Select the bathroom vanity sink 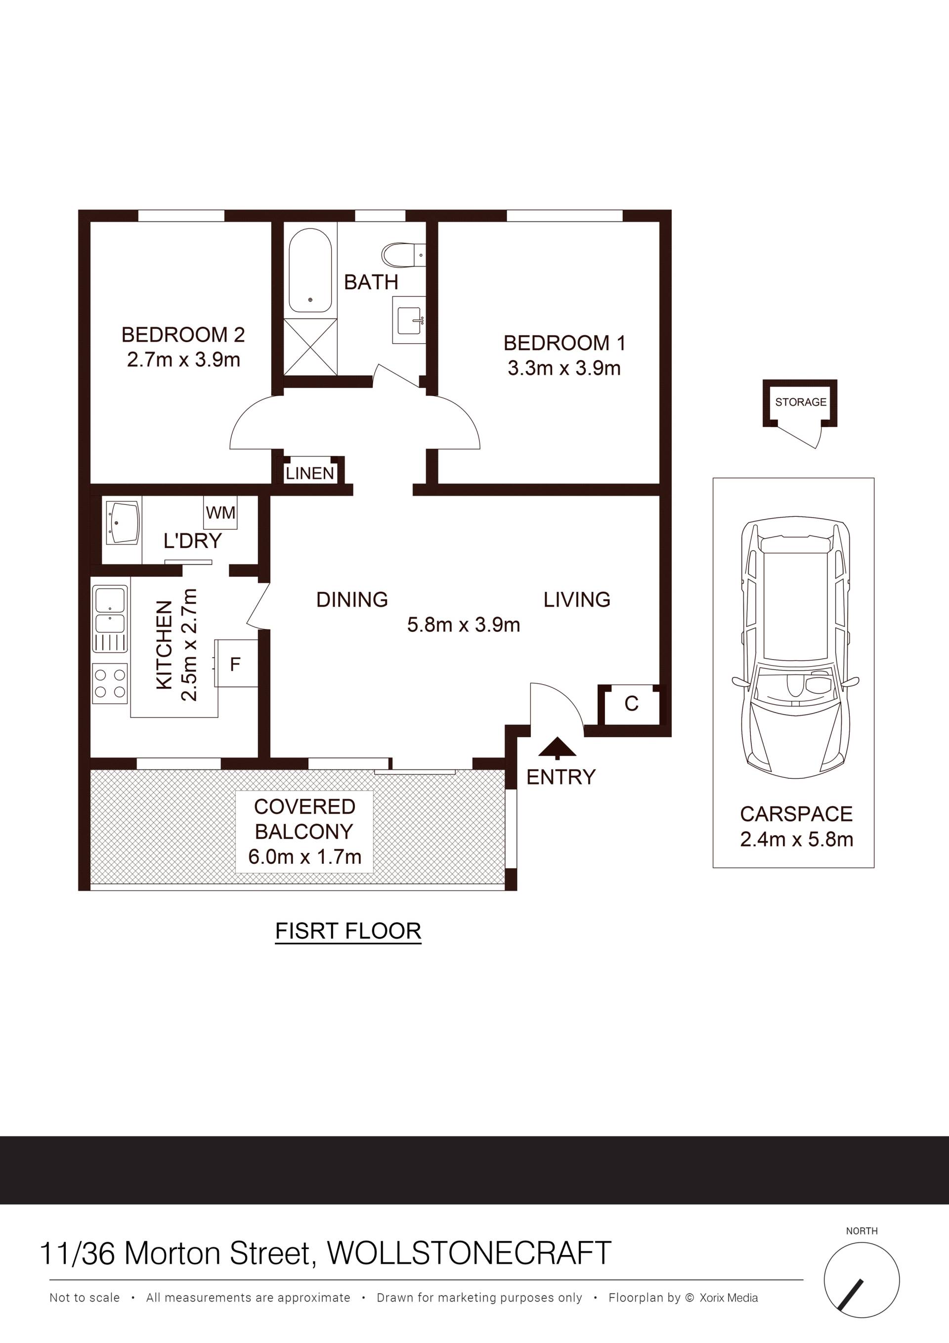pos(409,320)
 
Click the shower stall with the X pos(310,347)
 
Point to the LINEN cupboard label pos(310,473)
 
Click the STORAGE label pos(801,402)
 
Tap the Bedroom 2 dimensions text pos(183,360)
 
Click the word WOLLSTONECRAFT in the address pos(469,1253)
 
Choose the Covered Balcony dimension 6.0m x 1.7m pos(304,857)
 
